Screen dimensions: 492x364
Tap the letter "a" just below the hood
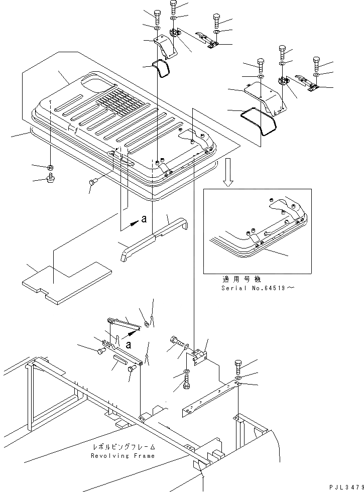pyautogui.click(x=145, y=219)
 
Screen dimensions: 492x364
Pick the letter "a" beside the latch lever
pyautogui.click(x=129, y=345)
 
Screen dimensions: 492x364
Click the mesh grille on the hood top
pyautogui.click(x=119, y=104)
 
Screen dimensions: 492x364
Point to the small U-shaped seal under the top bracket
pyautogui.click(x=162, y=69)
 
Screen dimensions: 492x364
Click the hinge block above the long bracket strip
pyautogui.click(x=200, y=352)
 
